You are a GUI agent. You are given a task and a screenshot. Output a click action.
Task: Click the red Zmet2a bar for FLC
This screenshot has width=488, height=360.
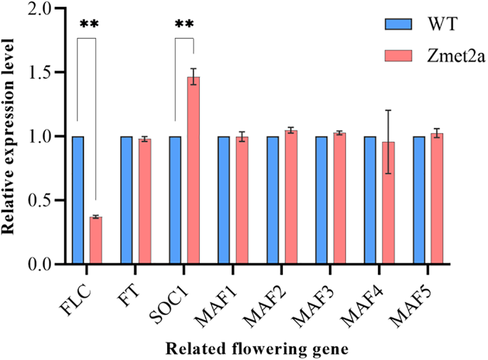tap(96, 240)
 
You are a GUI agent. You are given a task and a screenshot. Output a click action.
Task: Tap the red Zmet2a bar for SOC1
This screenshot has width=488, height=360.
tap(193, 171)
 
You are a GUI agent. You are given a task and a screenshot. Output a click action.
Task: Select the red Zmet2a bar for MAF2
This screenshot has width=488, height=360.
tap(291, 197)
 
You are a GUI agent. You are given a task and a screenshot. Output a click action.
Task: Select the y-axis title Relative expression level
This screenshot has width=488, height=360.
tap(9, 138)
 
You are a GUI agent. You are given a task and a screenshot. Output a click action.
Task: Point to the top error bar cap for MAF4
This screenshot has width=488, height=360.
tap(388, 110)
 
